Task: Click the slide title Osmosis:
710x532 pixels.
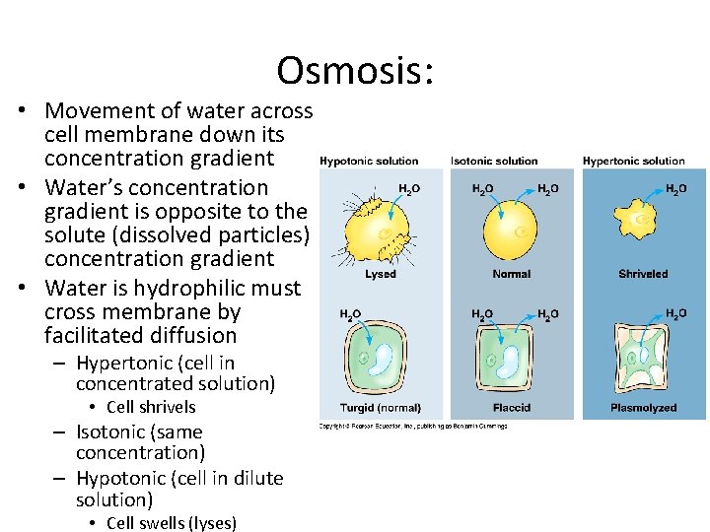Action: (356, 71)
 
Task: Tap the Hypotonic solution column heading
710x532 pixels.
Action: (369, 161)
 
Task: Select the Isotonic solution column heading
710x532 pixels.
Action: (494, 161)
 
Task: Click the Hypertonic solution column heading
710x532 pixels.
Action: (633, 161)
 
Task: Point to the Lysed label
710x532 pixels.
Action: (381, 274)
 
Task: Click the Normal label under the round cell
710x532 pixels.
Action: (511, 274)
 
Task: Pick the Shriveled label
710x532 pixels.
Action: (643, 274)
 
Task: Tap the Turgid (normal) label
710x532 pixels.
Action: (380, 408)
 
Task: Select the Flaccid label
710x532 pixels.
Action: (511, 408)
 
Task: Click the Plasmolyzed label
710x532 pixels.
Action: (643, 408)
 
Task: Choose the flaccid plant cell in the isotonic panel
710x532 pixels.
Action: (511, 361)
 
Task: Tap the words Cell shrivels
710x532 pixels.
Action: (151, 407)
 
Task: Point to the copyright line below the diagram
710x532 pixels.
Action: (412, 426)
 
